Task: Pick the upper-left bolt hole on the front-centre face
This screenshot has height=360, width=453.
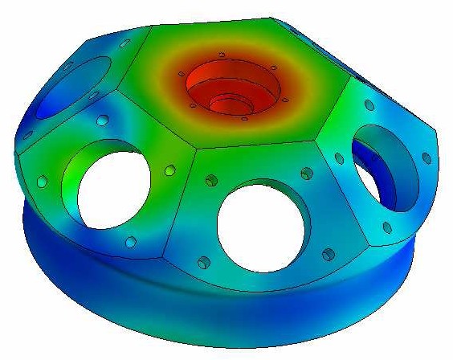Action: pyautogui.click(x=211, y=179)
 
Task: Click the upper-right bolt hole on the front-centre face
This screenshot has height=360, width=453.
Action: pyautogui.click(x=307, y=173)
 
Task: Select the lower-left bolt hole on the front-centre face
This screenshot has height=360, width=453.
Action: pyautogui.click(x=204, y=262)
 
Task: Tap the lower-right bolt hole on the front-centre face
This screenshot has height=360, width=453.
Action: pyautogui.click(x=327, y=255)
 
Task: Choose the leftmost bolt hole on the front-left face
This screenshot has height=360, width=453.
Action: pyautogui.click(x=40, y=182)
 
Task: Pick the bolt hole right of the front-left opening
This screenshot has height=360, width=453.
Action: pyautogui.click(x=169, y=170)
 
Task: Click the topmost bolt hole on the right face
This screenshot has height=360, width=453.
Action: pyautogui.click(x=369, y=105)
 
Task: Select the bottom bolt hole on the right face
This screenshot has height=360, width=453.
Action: pyautogui.click(x=386, y=227)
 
